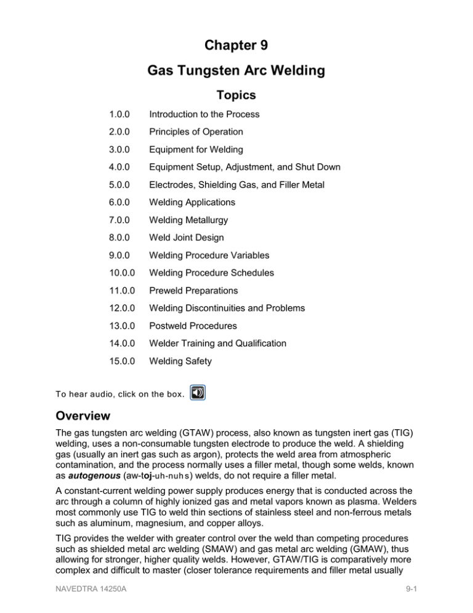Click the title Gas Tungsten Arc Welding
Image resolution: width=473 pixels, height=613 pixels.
click(x=236, y=71)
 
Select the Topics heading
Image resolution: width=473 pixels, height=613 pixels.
click(x=236, y=95)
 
